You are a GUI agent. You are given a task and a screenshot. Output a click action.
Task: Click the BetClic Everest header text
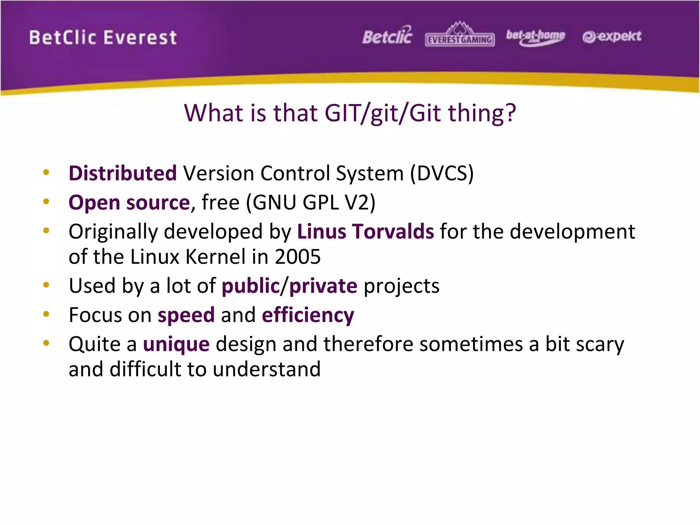[103, 38]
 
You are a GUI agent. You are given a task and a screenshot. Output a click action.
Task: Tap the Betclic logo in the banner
[387, 36]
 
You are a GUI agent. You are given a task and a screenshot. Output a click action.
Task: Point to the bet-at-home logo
[535, 37]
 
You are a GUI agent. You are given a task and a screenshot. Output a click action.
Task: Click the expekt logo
[612, 37]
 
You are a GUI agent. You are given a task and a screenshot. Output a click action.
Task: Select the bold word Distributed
[123, 173]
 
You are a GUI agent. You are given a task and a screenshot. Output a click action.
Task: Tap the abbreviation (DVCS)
[442, 173]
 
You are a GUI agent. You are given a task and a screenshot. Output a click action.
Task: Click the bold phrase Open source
[129, 202]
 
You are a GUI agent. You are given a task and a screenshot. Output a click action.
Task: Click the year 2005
[298, 257]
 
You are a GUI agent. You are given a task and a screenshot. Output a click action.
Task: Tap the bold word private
[323, 286]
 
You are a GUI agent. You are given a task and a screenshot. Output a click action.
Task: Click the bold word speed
[186, 315]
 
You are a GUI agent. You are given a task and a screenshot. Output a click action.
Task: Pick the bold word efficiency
[308, 315]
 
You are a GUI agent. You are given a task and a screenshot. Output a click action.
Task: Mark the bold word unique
[176, 344]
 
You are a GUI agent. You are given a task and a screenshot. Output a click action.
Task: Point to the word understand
[267, 369]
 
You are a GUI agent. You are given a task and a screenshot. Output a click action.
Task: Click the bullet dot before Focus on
[46, 314]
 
